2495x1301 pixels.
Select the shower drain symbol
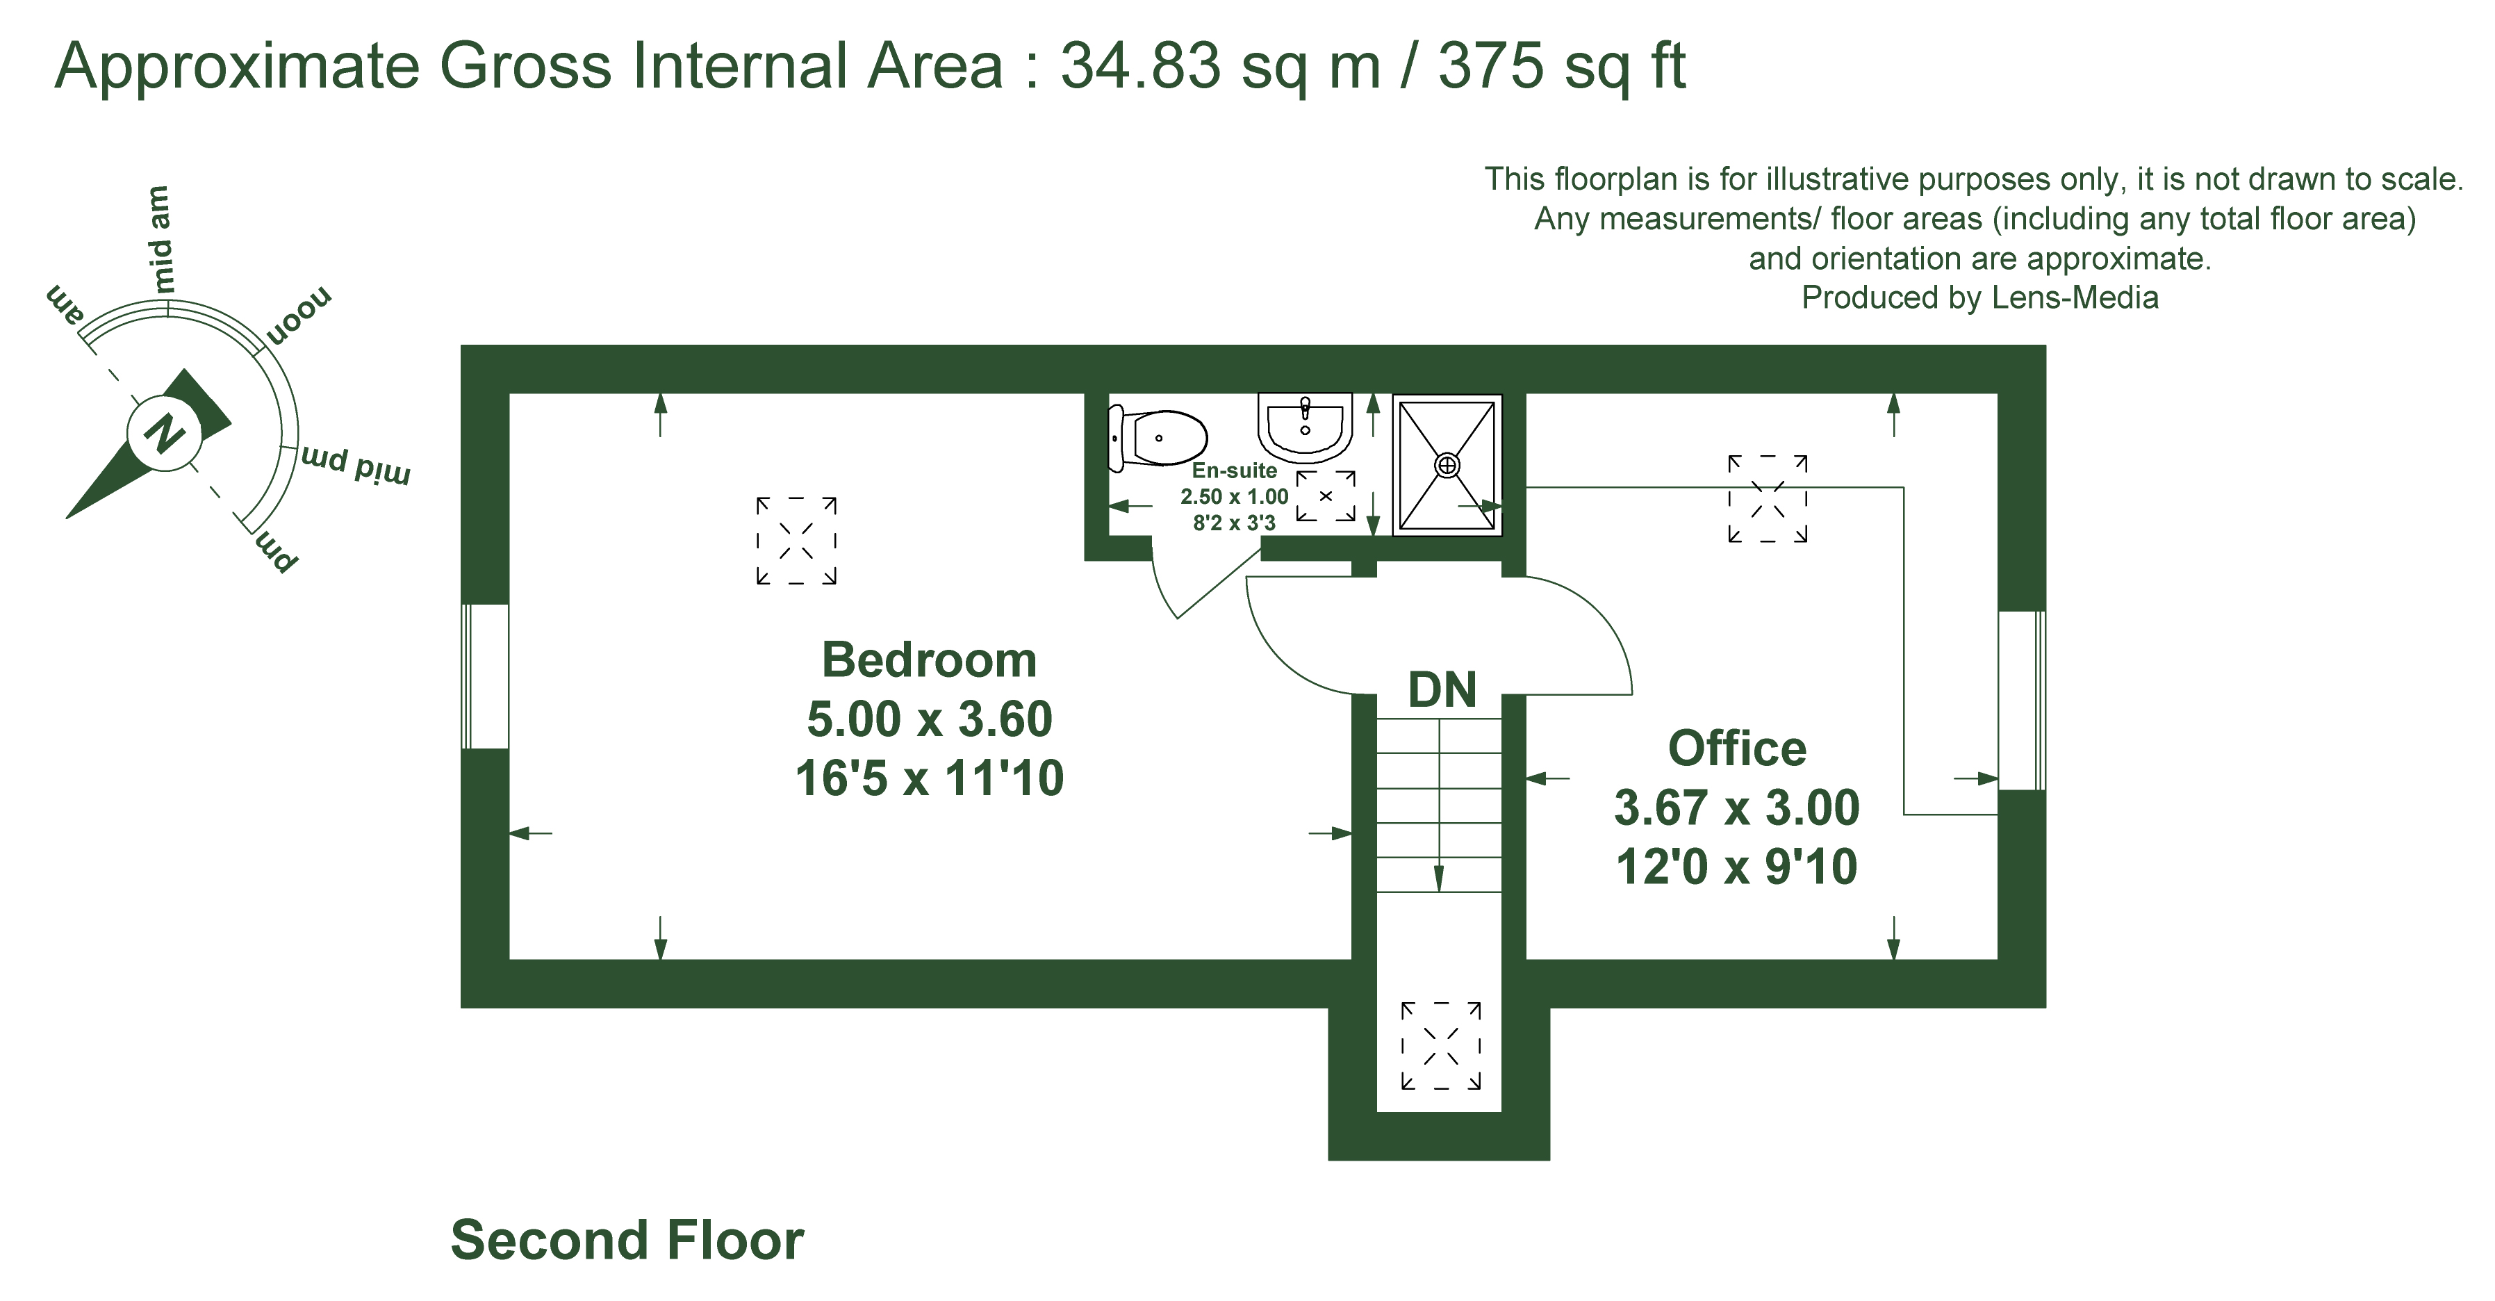1447,466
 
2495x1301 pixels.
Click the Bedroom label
929,661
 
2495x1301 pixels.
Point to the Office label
1736,748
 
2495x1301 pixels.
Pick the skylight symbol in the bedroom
796,541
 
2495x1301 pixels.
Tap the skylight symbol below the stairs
1441,1046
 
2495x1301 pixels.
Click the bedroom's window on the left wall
484,676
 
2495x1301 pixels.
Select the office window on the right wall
2021,701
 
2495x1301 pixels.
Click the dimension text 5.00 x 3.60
929,720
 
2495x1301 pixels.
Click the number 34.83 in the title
1140,66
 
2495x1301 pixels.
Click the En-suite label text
1234,471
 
